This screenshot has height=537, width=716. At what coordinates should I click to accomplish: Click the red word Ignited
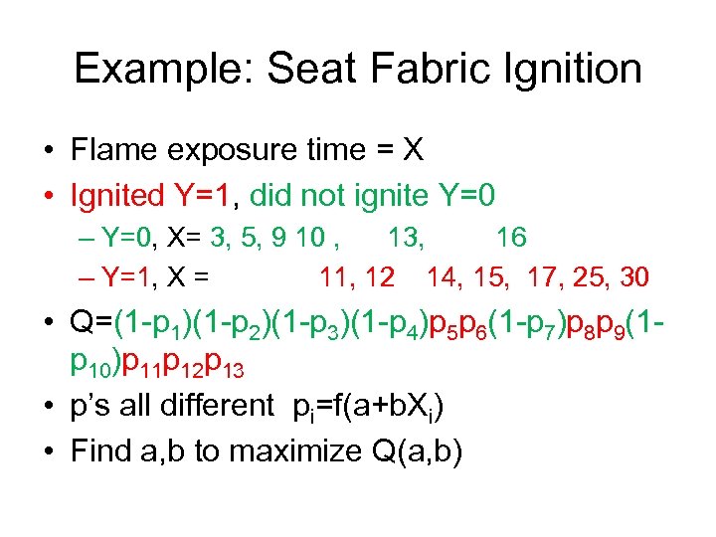click(x=117, y=195)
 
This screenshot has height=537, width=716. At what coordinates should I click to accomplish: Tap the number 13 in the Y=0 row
click(x=405, y=238)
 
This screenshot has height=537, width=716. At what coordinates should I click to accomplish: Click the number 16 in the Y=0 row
click(x=511, y=238)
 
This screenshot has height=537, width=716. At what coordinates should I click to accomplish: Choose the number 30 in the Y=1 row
click(x=632, y=275)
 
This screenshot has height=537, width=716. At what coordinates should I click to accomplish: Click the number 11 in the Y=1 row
click(x=335, y=275)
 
